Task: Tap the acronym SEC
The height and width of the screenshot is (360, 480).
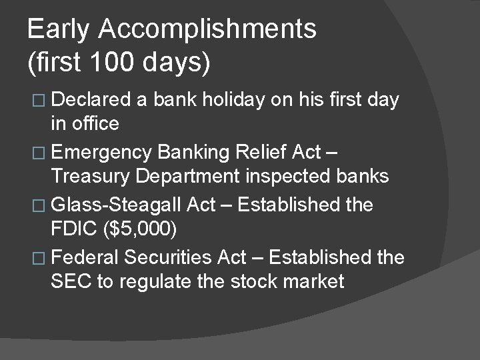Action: [x=71, y=281]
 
